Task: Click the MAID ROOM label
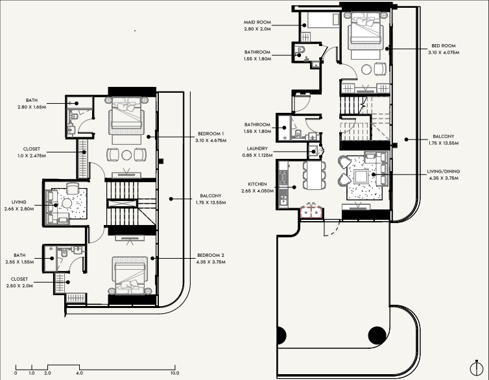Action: click(x=257, y=23)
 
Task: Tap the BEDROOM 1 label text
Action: click(x=211, y=134)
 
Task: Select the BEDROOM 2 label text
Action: click(x=211, y=255)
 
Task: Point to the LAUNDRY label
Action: click(x=257, y=148)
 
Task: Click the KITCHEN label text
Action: click(x=257, y=184)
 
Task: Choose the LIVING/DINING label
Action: click(x=444, y=171)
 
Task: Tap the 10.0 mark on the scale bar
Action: click(x=174, y=373)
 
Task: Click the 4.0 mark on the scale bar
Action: click(x=79, y=373)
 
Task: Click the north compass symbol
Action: click(x=476, y=368)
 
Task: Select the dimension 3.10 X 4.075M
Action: click(x=444, y=53)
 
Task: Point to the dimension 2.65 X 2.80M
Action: click(x=19, y=209)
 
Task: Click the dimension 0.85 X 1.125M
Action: click(x=257, y=155)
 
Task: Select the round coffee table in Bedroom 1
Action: click(x=126, y=155)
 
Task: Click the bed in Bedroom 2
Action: click(x=130, y=275)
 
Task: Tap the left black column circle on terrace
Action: click(x=281, y=335)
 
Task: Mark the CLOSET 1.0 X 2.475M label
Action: click(x=32, y=152)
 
